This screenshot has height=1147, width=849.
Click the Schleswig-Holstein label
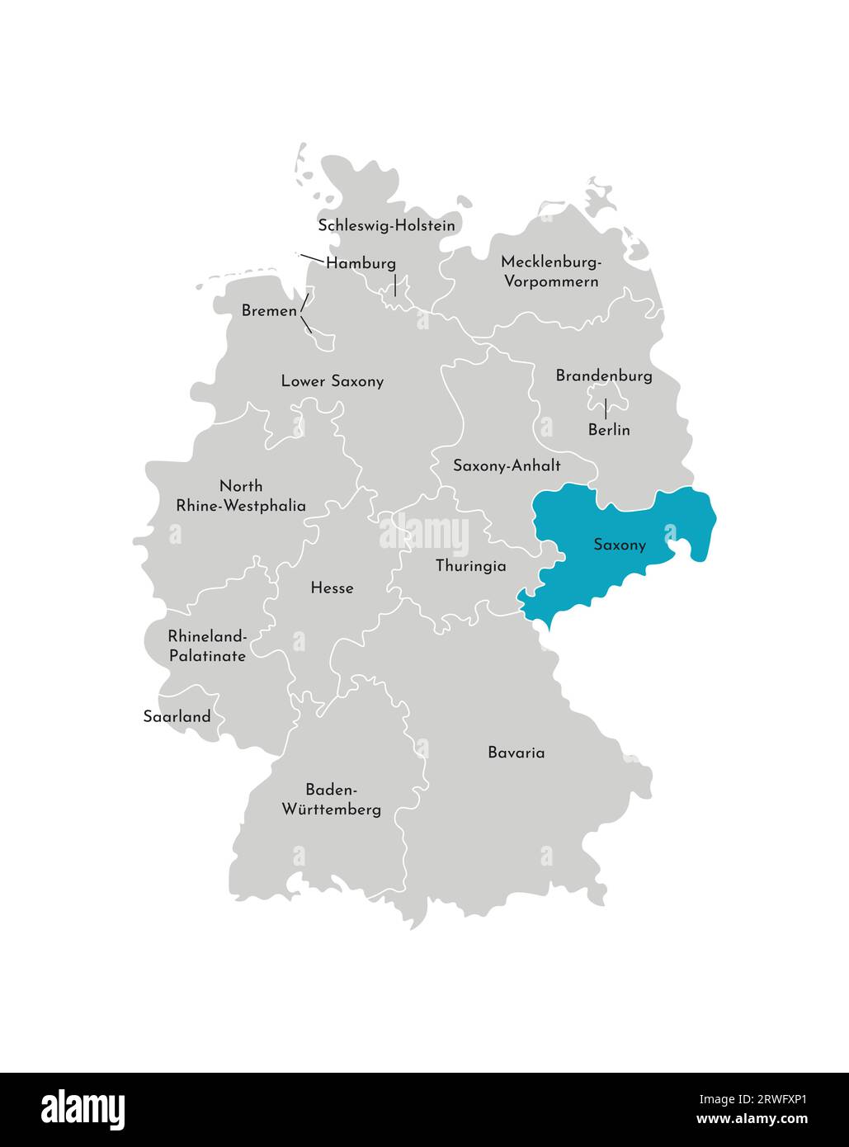coord(386,224)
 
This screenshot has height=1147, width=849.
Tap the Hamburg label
coord(361,263)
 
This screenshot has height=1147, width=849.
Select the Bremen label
coord(269,311)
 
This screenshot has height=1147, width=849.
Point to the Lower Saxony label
coord(332,381)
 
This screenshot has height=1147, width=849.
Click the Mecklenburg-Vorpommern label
coord(550,271)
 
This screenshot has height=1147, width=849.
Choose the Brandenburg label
coord(604,375)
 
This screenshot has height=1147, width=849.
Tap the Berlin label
coord(609,430)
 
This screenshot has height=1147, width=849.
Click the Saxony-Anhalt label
coord(507,465)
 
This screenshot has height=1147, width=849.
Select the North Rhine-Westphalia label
coord(241,496)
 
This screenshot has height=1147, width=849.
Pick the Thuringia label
coord(470,566)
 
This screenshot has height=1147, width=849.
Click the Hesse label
coord(332,588)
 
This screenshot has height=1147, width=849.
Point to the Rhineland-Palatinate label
coord(207,646)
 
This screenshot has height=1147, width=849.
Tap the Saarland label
coord(177,716)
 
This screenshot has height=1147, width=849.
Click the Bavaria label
coord(516,753)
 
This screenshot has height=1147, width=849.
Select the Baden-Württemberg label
coord(332,799)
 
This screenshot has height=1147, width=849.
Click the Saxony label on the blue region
coord(620,545)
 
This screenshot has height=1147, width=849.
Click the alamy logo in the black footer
coord(83,1109)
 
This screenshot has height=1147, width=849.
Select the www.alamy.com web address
coord(752,1120)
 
